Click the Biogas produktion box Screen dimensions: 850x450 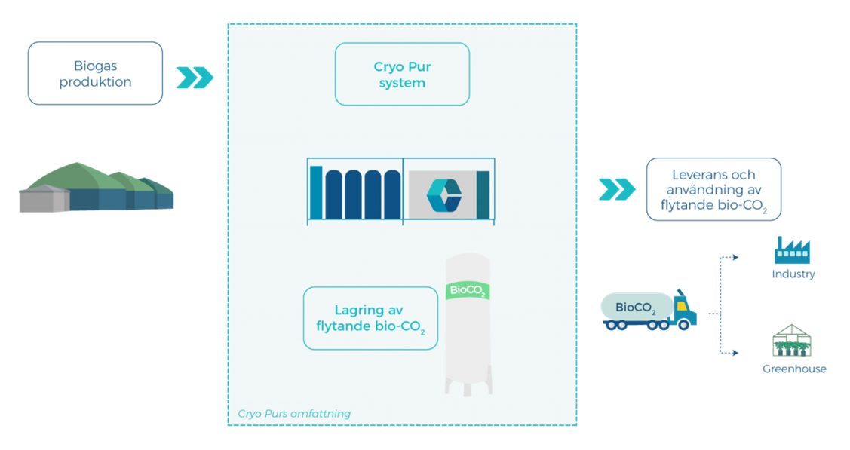(95, 73)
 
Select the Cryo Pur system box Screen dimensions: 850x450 (402, 74)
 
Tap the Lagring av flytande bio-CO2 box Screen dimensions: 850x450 (370, 318)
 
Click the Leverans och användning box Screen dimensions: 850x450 (714, 189)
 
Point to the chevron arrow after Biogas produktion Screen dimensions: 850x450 (195, 78)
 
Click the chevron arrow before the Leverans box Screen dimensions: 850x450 (617, 189)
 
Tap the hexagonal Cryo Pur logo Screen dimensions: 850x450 (444, 195)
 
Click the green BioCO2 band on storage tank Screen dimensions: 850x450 (468, 290)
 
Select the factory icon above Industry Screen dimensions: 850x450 (793, 250)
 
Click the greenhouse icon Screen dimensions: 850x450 (791, 341)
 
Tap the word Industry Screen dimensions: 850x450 (793, 274)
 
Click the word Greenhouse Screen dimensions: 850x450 (794, 369)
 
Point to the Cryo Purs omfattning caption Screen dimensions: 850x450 (294, 414)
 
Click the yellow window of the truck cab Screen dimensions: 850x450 (682, 305)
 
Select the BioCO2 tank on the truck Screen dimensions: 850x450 (637, 307)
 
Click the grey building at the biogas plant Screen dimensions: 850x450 (44, 199)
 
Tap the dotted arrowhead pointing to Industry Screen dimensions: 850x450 (735, 257)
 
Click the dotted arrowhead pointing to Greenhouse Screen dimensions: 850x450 (735, 353)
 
